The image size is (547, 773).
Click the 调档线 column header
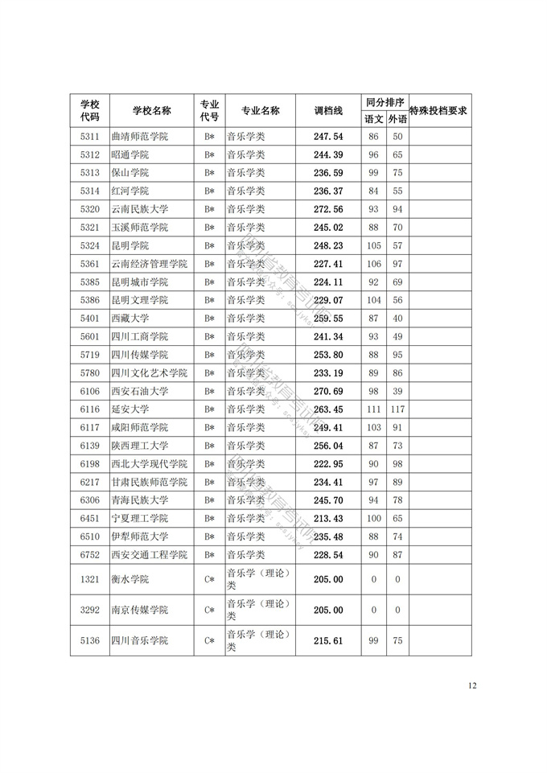click(x=327, y=110)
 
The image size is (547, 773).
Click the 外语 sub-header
click(x=397, y=119)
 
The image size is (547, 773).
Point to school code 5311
click(x=90, y=137)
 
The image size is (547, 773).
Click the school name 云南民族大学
click(x=139, y=209)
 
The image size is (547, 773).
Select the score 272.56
click(x=327, y=209)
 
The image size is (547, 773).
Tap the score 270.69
click(x=327, y=391)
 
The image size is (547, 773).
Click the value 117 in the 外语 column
click(x=397, y=409)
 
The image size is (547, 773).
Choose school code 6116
click(x=90, y=409)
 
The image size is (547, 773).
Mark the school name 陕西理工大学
click(x=139, y=446)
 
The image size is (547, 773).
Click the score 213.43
click(x=327, y=518)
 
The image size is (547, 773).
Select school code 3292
click(x=90, y=610)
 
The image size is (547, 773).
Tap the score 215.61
click(x=327, y=640)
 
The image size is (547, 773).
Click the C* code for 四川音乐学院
click(x=209, y=640)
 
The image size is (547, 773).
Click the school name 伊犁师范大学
click(x=139, y=537)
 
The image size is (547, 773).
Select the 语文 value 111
click(x=373, y=409)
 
